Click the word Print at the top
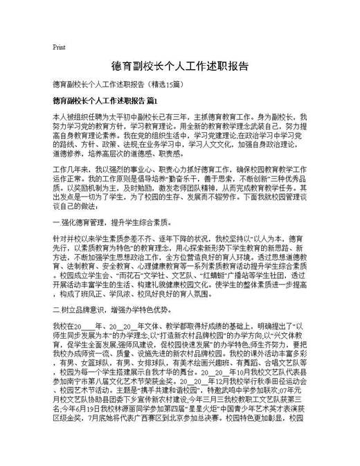tap(59, 47)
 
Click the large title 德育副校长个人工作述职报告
tap(180, 66)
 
